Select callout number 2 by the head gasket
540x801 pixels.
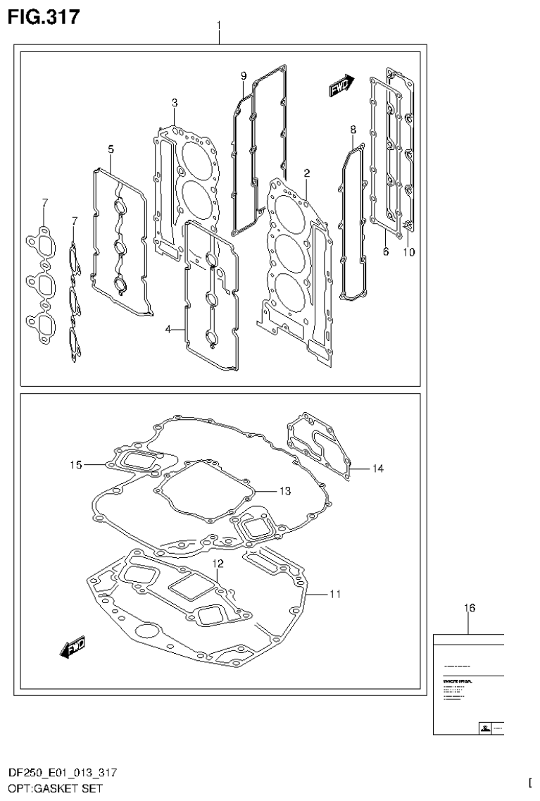307,173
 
